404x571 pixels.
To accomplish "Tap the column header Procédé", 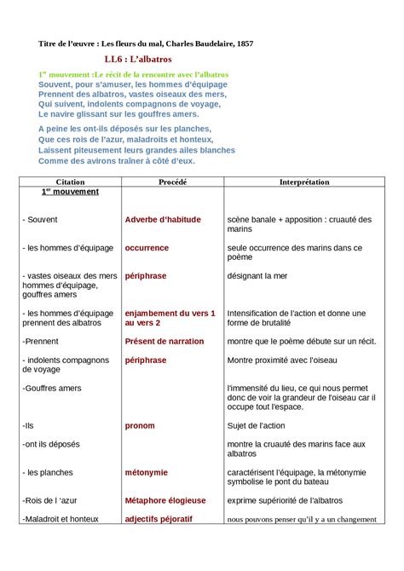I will (172, 182).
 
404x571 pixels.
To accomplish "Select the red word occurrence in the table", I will (147, 248).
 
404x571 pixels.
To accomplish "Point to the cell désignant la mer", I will (259, 276).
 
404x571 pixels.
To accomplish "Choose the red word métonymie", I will (146, 472).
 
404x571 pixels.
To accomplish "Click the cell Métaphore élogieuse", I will (164, 500).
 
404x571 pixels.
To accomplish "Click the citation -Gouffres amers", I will (52, 388).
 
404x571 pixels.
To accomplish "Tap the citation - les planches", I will (48, 472).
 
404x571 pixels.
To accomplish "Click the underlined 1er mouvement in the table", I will (70, 192).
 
